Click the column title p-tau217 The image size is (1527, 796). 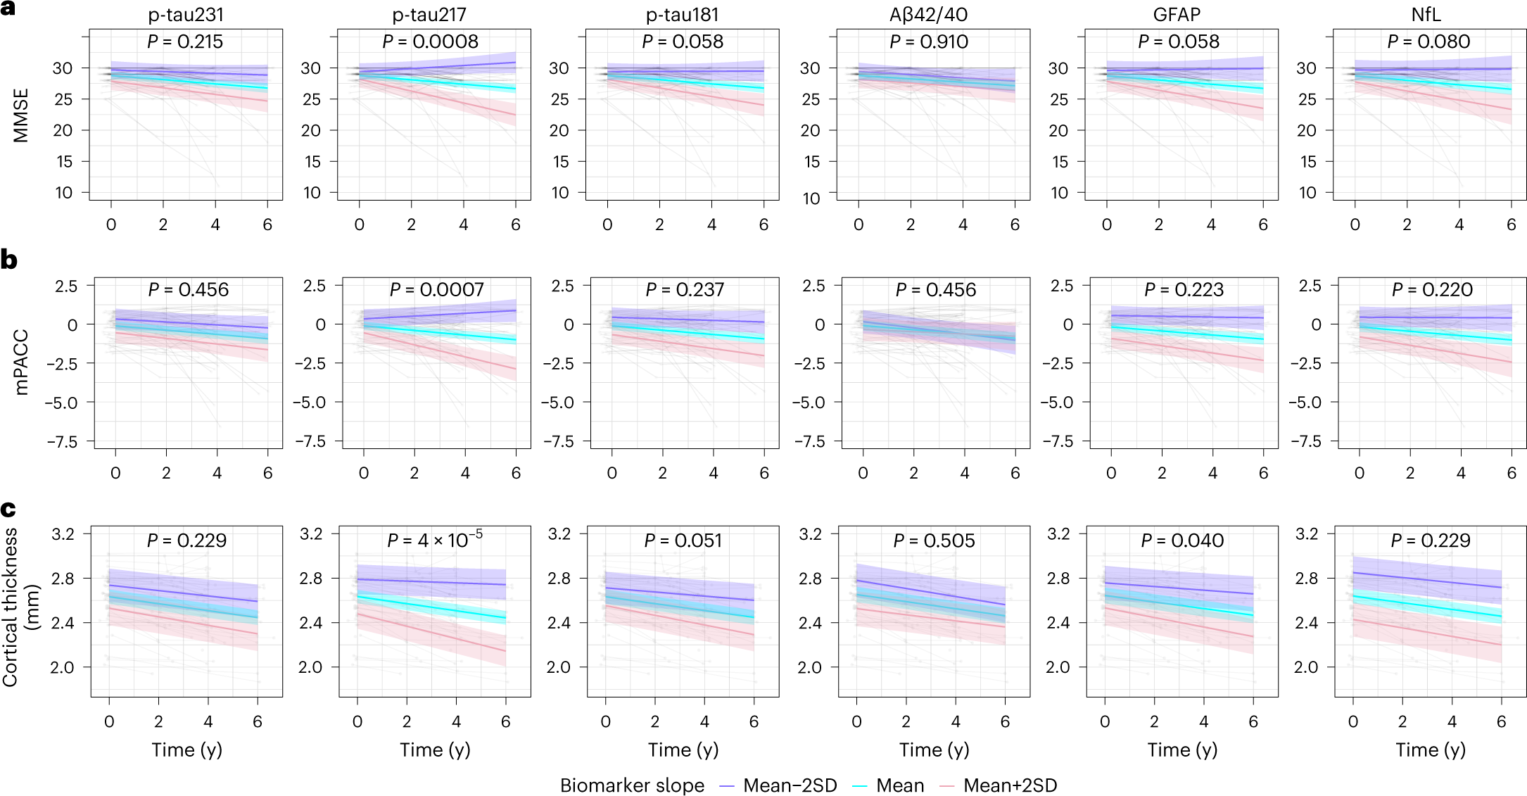[429, 14]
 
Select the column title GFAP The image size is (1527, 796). [1177, 14]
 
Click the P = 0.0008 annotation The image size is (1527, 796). [430, 42]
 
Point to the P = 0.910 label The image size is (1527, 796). [929, 42]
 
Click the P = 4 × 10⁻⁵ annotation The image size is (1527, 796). [435, 540]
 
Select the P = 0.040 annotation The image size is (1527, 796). [1182, 541]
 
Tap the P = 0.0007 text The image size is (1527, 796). [437, 289]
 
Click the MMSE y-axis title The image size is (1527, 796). [21, 115]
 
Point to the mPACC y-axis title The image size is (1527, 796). [21, 362]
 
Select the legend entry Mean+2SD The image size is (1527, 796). [1010, 785]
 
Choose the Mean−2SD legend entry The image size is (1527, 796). [790, 785]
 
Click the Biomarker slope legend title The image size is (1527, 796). [632, 785]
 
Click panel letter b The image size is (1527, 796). [8, 260]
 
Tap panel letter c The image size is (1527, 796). [8, 508]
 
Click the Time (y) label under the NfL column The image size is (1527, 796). [1431, 750]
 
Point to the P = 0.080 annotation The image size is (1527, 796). [1428, 42]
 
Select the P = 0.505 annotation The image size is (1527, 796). [934, 541]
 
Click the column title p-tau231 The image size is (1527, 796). [186, 14]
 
